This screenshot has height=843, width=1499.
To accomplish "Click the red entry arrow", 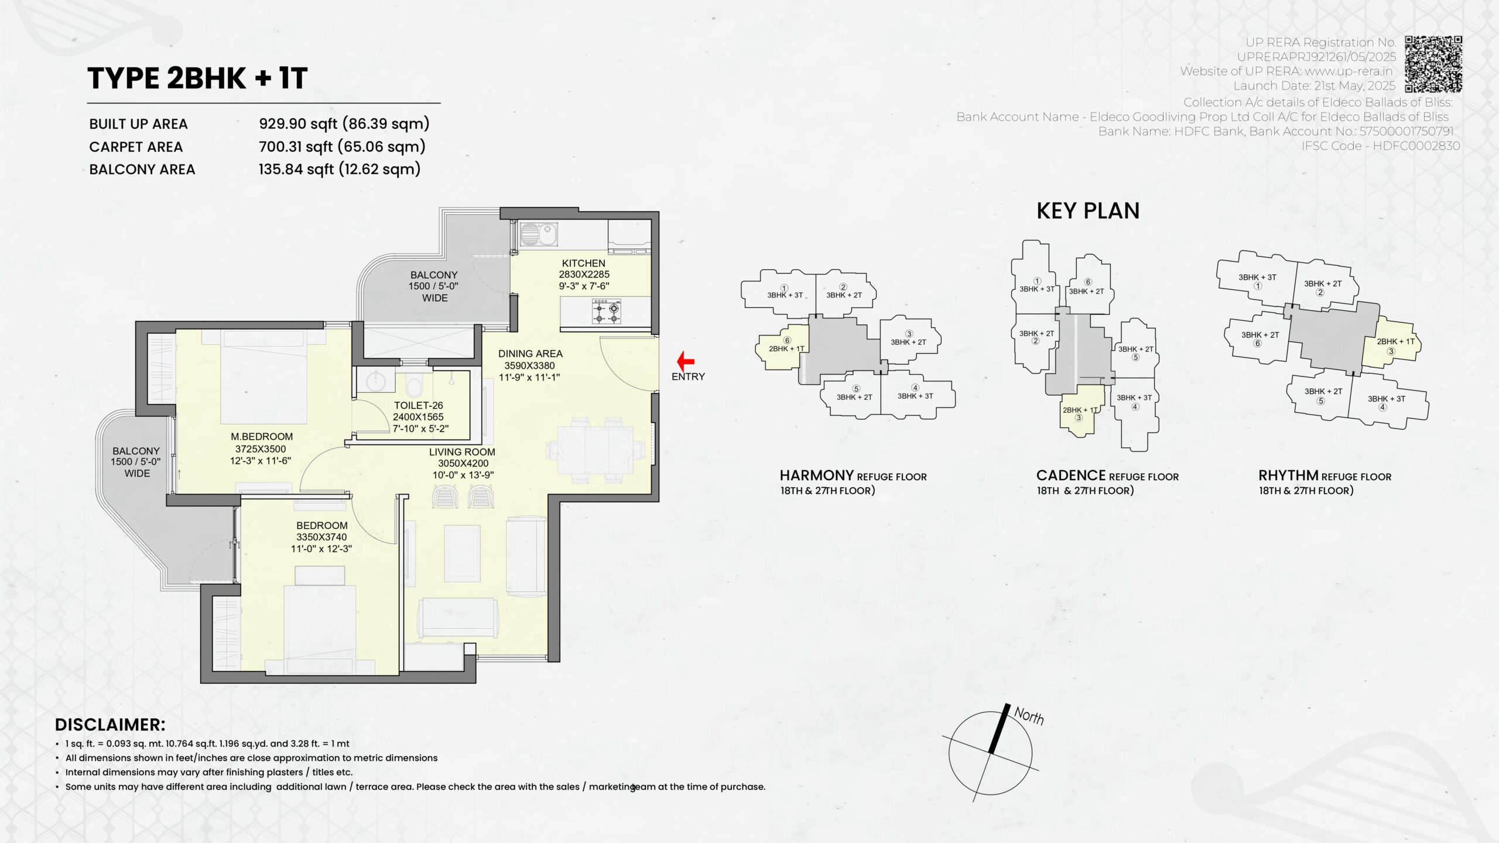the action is click(x=685, y=361).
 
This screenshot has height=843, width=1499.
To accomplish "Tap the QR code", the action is click(x=1433, y=64).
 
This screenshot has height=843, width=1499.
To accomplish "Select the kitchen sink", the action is click(x=539, y=235).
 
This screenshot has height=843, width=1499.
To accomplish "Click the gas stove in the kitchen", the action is click(x=607, y=311).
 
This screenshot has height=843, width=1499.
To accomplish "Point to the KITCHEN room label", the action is click(x=583, y=263).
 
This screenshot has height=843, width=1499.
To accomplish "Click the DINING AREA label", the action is click(x=530, y=354).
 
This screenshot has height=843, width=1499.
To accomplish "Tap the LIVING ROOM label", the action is click(x=462, y=452).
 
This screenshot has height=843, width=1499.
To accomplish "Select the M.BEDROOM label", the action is click(x=262, y=437).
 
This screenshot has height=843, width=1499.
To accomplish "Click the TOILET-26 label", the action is click(x=418, y=405).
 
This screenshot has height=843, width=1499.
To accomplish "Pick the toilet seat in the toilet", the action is click(x=413, y=386).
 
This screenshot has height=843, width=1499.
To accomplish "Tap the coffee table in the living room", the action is click(x=462, y=553).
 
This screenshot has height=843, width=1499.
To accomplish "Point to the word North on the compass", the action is click(x=1029, y=715).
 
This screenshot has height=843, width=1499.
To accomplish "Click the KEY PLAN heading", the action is click(x=1088, y=211).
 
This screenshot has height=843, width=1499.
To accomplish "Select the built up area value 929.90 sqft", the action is click(x=299, y=124).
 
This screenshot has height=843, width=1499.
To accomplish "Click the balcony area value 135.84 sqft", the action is click(x=297, y=169).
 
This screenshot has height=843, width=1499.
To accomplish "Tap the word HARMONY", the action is click(x=816, y=475).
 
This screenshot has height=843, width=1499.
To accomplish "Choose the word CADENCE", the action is click(x=1071, y=475).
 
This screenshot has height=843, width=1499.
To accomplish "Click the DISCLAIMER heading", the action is click(x=110, y=725).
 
